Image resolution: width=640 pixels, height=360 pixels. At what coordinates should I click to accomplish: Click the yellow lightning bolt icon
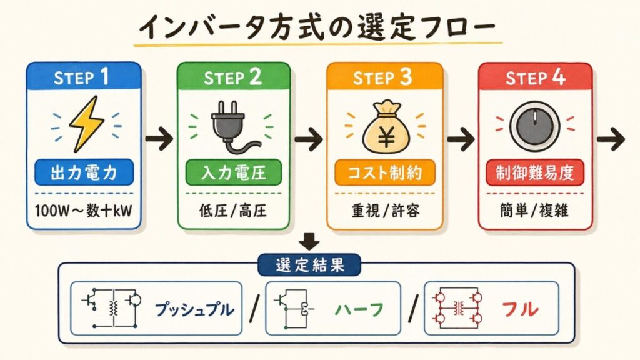click(86, 124)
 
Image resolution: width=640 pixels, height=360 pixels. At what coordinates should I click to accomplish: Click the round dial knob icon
click(534, 125)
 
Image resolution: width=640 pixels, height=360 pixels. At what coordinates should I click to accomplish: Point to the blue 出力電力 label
click(84, 172)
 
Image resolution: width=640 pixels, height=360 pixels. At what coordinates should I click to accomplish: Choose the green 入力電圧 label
click(234, 172)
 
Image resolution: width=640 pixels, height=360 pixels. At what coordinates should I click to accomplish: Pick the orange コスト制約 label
click(385, 172)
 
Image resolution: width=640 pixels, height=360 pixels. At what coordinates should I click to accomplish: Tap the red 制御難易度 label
click(535, 172)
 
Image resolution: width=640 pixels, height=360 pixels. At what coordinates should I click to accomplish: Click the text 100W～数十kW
click(84, 211)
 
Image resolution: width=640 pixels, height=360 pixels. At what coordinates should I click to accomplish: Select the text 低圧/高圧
click(233, 211)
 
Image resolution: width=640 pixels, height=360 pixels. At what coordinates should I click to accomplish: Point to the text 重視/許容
click(385, 211)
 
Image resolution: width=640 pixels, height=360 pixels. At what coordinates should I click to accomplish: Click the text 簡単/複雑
click(534, 211)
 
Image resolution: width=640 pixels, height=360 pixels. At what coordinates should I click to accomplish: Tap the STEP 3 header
click(384, 77)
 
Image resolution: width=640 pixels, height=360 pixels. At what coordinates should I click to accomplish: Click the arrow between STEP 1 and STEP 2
click(159, 139)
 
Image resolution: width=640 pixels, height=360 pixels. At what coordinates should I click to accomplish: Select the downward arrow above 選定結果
click(309, 242)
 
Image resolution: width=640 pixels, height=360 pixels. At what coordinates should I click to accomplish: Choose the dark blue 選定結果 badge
click(310, 265)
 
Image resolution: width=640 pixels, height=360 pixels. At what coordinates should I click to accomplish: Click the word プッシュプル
click(195, 310)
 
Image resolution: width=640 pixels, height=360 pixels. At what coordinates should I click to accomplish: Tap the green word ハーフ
click(359, 310)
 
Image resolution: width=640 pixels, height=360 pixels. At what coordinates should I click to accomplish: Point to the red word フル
click(519, 310)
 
